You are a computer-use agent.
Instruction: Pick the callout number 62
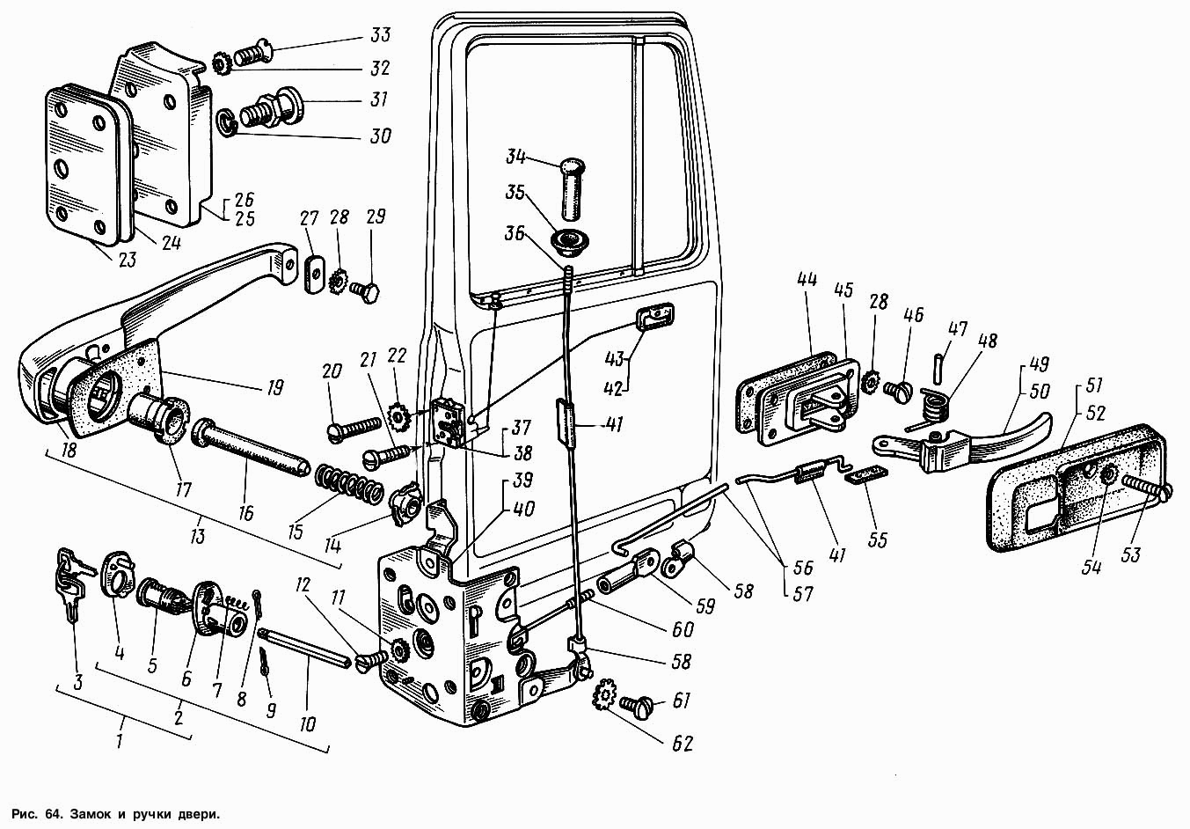coord(683,744)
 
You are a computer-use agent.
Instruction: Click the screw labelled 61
coord(636,704)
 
